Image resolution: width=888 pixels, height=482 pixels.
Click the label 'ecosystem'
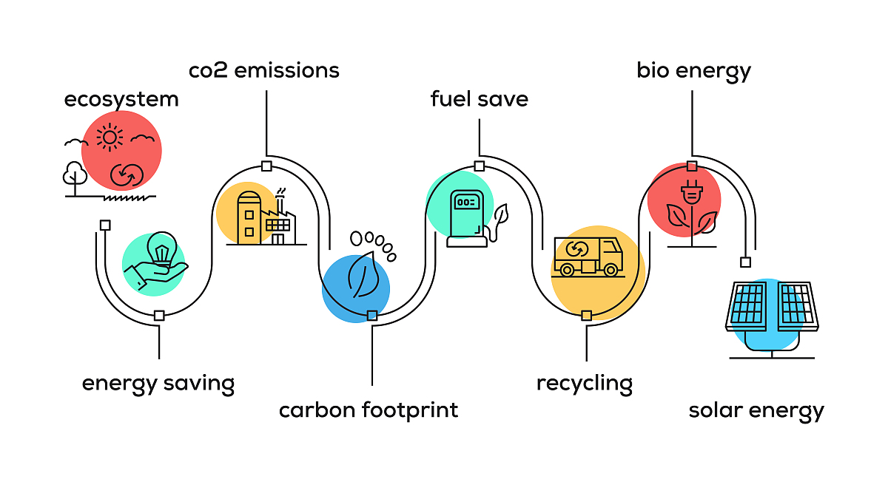coord(121,99)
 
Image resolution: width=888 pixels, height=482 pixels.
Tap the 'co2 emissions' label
coord(264,70)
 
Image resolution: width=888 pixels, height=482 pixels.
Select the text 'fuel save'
coord(480,99)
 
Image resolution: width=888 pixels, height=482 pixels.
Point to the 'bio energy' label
coord(693,71)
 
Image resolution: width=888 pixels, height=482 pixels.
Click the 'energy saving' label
coord(158,384)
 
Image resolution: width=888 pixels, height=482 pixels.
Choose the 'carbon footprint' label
coord(369,410)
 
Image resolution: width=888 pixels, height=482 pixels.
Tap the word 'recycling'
coord(585,384)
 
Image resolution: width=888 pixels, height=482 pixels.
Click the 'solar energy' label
coord(756,410)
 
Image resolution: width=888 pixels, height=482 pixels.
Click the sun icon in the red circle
coord(110,137)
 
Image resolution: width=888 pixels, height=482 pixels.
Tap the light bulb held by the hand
coord(161,247)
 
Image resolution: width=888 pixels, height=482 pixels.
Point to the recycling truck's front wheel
coord(610,270)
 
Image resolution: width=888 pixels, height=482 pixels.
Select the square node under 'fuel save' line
coord(480,166)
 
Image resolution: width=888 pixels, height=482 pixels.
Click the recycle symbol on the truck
coord(576,249)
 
